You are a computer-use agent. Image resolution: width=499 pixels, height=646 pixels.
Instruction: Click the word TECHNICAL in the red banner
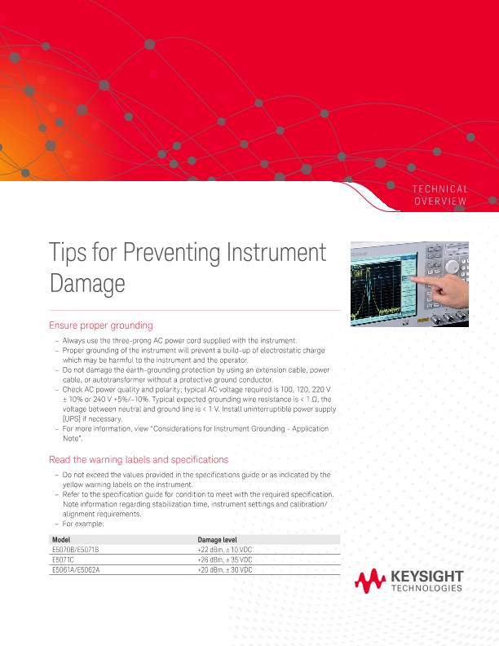(x=440, y=188)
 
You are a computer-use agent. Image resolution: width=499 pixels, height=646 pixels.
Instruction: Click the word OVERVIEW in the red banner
(x=440, y=201)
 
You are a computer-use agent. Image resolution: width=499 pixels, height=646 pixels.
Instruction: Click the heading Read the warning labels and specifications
(x=139, y=459)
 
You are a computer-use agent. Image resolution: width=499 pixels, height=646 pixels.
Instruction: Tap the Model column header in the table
(x=61, y=541)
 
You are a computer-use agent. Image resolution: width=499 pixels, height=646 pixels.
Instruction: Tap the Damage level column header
(x=218, y=541)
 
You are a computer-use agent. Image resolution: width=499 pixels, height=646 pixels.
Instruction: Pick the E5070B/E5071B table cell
(x=75, y=550)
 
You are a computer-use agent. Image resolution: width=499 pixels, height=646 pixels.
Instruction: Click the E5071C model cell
(x=64, y=560)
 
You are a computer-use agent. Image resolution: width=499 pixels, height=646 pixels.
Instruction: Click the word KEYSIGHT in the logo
(x=428, y=577)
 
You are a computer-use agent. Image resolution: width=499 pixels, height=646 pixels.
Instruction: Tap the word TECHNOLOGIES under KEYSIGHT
(x=428, y=588)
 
